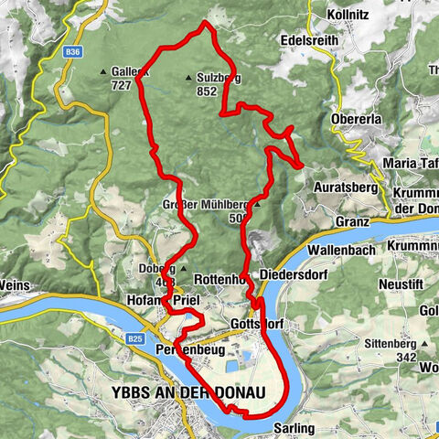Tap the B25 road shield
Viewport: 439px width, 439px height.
pos(134,338)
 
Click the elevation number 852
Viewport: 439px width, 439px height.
pos(206,91)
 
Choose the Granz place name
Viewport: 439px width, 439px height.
pos(352,221)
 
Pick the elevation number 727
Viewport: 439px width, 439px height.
pos(120,85)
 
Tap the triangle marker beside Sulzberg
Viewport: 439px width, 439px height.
pos(188,79)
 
